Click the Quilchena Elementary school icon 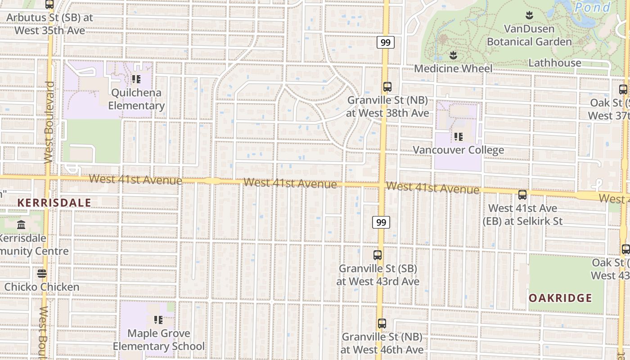click(x=136, y=80)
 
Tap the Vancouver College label click(x=458, y=150)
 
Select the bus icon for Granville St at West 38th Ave click(x=387, y=87)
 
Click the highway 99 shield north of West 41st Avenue click(x=386, y=43)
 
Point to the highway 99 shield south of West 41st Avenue click(x=381, y=222)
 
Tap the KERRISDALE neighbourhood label click(x=54, y=202)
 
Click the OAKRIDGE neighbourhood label click(x=560, y=298)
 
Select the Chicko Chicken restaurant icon click(x=42, y=274)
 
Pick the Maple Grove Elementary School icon click(x=158, y=320)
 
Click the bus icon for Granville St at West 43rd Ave click(x=378, y=255)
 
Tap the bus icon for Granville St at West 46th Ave click(x=382, y=324)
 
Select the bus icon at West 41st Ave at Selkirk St click(x=522, y=195)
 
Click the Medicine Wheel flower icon click(x=453, y=55)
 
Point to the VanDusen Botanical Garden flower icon click(x=529, y=16)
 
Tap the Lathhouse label click(x=554, y=63)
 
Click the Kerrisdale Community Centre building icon click(x=21, y=225)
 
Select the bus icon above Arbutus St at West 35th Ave click(x=49, y=4)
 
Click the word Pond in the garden click(x=593, y=7)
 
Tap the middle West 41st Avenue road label click(x=290, y=184)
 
